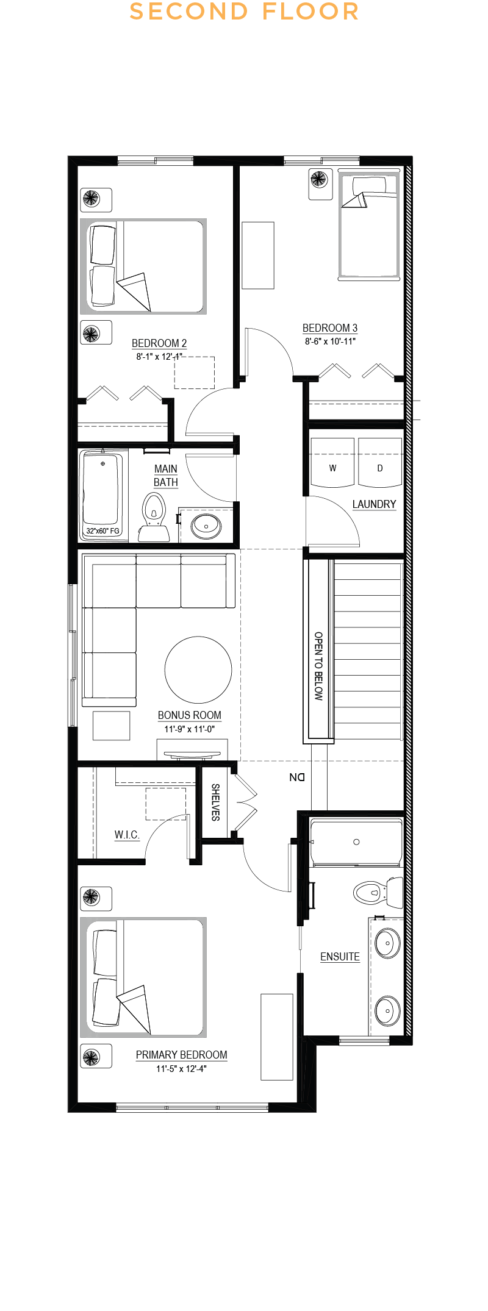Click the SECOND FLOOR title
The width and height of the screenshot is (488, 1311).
coord(244,12)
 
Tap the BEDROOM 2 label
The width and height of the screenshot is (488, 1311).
coord(159,343)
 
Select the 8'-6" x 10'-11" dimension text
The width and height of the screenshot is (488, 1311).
coord(330,341)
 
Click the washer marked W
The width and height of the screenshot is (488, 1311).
coord(332,468)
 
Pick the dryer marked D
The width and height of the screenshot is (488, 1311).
coord(380,468)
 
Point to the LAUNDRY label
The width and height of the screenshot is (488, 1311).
coord(374,504)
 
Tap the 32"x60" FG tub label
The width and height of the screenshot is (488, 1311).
coord(102,531)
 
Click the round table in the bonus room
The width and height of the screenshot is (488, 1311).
coord(198,670)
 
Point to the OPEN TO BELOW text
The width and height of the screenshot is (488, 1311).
coord(318,666)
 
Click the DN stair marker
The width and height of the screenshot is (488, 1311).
coord(297,777)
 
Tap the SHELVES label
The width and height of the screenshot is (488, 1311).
coord(215,802)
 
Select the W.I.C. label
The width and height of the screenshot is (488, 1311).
coord(127,835)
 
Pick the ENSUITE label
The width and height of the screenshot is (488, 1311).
coord(340,957)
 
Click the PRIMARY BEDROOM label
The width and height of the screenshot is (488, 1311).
coord(181,1055)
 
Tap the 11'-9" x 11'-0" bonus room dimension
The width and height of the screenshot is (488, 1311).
coord(189,729)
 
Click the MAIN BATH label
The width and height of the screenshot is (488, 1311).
coord(166,476)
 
